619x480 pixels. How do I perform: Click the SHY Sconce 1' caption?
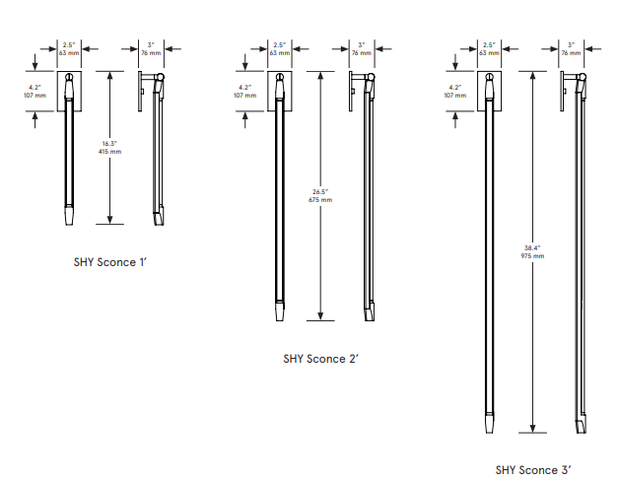click(110, 263)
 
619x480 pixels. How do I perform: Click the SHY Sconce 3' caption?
click(532, 470)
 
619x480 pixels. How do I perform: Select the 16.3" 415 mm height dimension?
click(110, 149)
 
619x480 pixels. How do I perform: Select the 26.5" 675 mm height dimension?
click(320, 196)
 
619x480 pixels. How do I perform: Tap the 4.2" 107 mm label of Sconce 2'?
click(244, 92)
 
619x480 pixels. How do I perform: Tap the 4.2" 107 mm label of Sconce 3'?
click(454, 92)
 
